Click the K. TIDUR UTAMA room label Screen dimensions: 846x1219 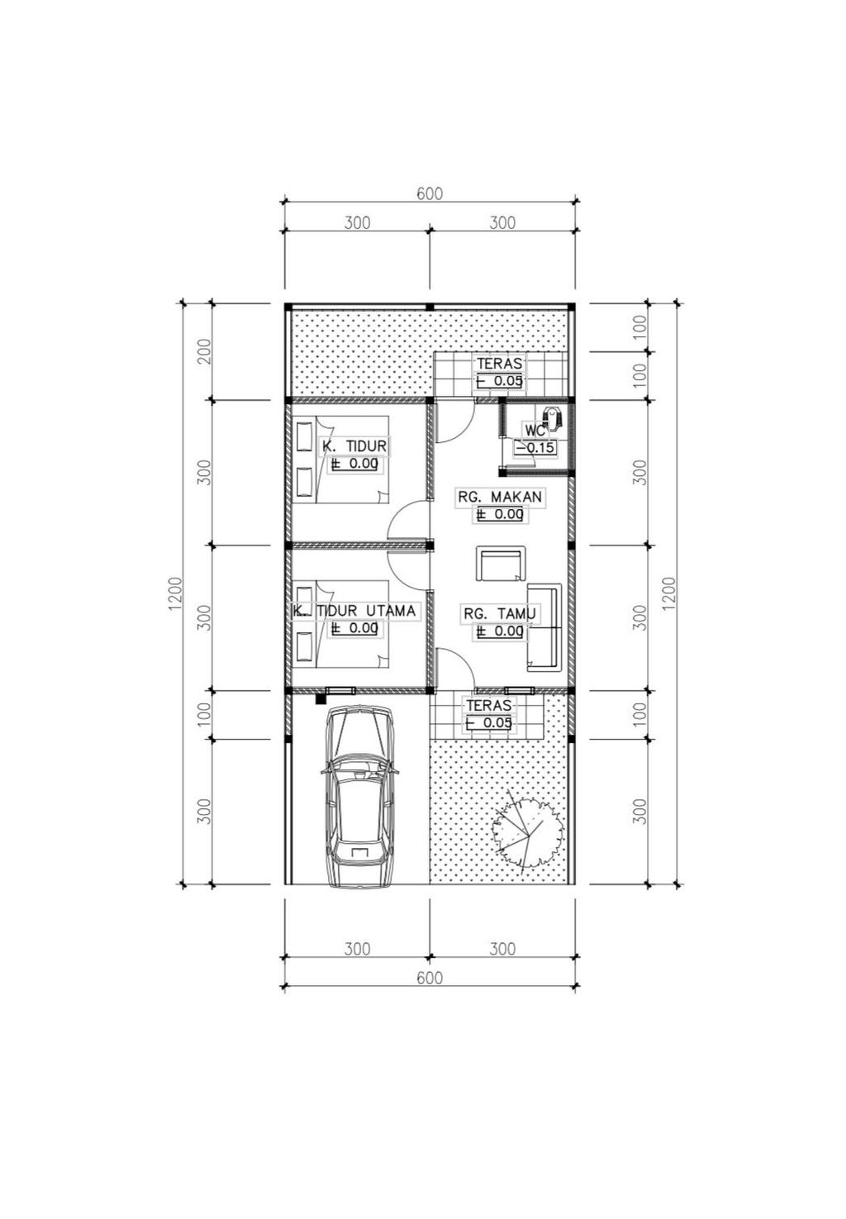click(x=353, y=611)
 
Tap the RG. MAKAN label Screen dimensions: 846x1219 click(x=500, y=497)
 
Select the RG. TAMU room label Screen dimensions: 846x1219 click(x=499, y=614)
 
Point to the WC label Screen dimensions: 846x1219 click(x=535, y=430)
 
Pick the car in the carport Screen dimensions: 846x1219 click(x=359, y=795)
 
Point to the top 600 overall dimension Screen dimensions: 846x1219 click(x=430, y=193)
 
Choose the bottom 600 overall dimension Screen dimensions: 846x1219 click(x=430, y=978)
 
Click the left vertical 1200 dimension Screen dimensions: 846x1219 click(x=175, y=593)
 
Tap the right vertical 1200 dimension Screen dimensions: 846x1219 click(x=668, y=593)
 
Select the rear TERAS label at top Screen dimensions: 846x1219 click(x=499, y=364)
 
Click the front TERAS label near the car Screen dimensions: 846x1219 click(x=488, y=705)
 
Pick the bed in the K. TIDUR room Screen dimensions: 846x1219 click(x=340, y=460)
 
